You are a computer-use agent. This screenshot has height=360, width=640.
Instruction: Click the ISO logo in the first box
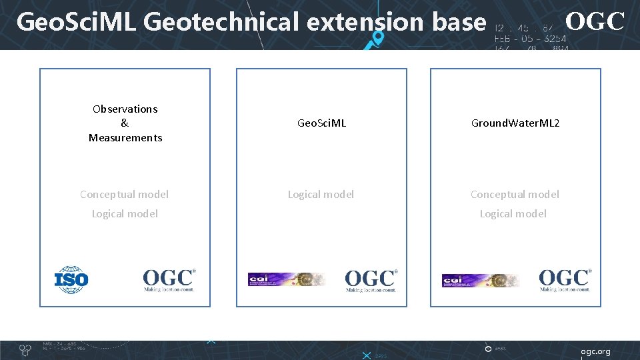point(71,280)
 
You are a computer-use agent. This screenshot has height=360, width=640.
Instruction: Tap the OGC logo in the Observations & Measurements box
point(169,280)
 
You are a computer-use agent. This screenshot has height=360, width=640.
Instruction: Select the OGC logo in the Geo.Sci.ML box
point(371,280)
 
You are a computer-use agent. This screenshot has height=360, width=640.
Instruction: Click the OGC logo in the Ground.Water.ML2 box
point(565,280)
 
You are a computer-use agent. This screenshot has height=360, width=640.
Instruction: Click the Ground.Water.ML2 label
point(515,123)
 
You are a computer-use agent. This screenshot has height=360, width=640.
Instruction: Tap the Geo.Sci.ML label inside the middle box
point(321,123)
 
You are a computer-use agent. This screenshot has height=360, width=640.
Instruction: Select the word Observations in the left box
point(125,109)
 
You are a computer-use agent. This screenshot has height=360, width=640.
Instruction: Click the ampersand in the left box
point(125,123)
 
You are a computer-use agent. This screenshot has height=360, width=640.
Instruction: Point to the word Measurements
point(125,138)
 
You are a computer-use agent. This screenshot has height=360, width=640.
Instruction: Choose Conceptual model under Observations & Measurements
point(125,195)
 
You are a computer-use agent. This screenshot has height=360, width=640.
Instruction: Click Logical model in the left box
point(125,214)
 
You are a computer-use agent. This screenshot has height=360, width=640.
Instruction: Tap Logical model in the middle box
point(321,195)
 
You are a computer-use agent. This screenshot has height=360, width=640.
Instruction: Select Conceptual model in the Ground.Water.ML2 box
point(515,195)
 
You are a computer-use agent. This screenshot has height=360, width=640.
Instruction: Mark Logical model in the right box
point(513,214)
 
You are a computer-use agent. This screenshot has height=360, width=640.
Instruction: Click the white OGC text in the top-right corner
point(595,22)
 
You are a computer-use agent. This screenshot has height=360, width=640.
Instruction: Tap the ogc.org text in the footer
point(595,351)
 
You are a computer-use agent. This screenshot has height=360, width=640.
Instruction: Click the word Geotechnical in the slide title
point(221,23)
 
